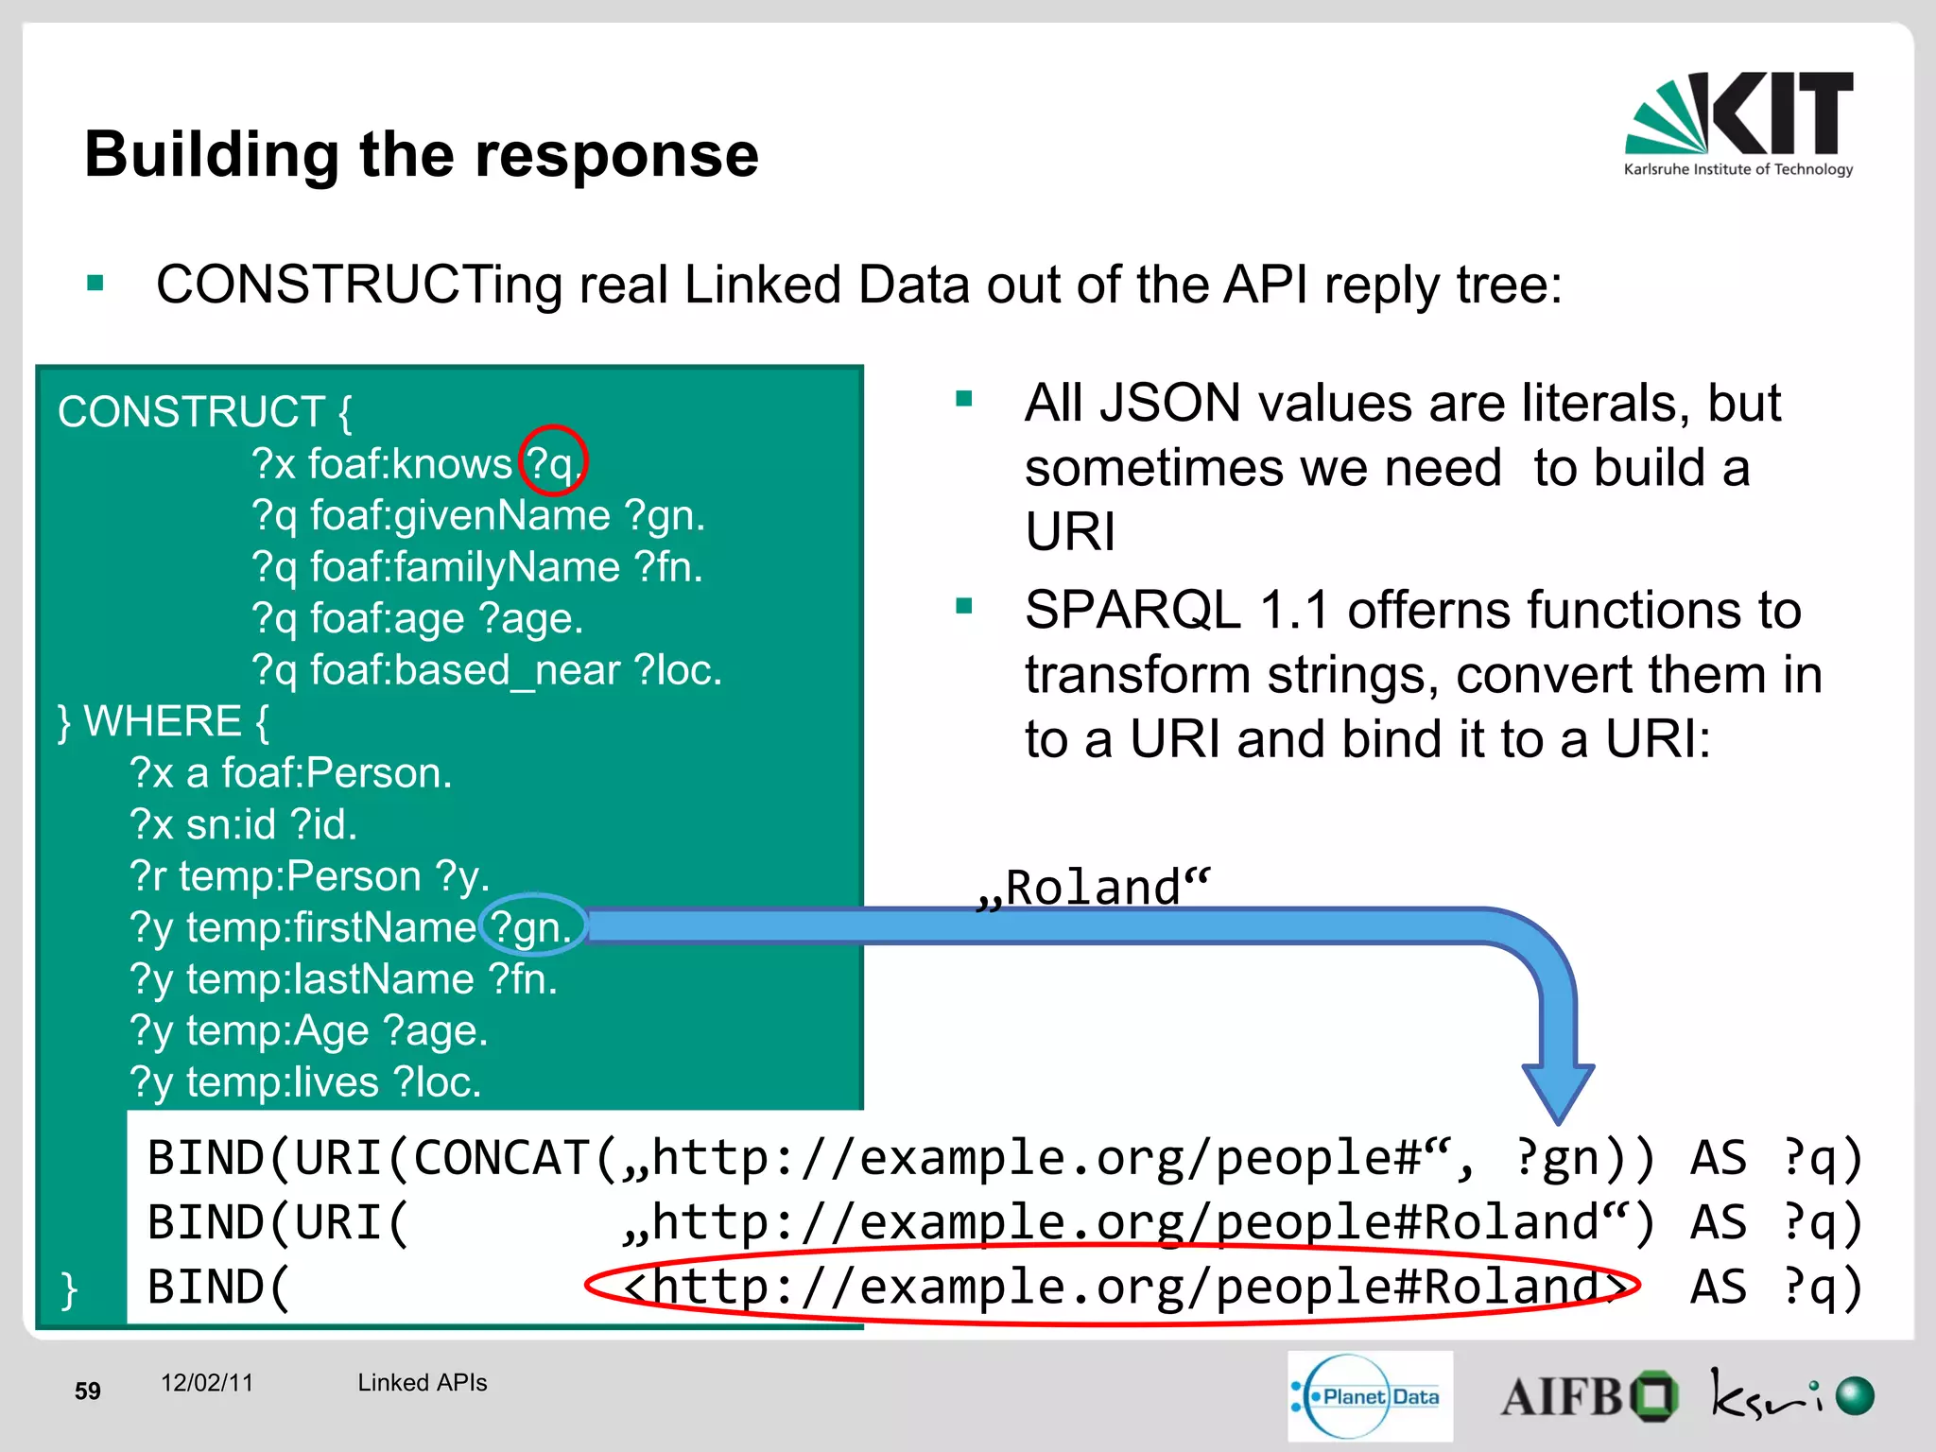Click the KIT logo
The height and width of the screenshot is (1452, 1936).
click(x=1739, y=123)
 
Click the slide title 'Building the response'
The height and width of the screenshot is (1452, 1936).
click(x=422, y=154)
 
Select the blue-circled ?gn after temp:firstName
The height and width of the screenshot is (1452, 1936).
click(x=532, y=926)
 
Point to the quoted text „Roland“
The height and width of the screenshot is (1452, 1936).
click(x=1093, y=888)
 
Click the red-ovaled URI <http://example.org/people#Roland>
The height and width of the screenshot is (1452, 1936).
click(x=1112, y=1287)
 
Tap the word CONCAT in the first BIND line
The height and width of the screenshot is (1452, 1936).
click(x=501, y=1158)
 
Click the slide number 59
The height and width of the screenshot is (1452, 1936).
click(x=88, y=1391)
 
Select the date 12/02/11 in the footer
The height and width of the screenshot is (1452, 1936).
click(x=207, y=1383)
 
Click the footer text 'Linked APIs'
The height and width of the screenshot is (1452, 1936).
click(x=422, y=1383)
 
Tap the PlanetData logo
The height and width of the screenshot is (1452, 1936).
click(x=1370, y=1396)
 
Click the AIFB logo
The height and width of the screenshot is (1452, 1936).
click(x=1588, y=1396)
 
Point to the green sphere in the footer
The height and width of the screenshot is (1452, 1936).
click(x=1855, y=1396)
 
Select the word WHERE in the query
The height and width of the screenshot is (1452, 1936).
click(x=164, y=721)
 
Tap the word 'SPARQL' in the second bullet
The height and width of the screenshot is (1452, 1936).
click(x=1132, y=610)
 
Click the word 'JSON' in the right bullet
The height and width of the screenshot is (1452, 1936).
click(x=1170, y=404)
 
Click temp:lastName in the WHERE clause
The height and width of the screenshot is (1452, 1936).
click(x=330, y=979)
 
